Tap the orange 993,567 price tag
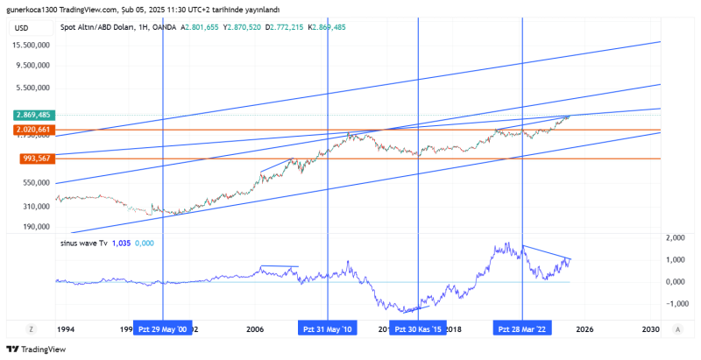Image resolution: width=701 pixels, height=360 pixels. [34, 159]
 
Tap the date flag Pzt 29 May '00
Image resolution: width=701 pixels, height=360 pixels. [163, 329]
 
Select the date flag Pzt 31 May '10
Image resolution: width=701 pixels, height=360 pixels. [327, 329]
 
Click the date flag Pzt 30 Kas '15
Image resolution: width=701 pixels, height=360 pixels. [418, 329]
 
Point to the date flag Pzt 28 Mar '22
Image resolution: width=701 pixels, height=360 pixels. [522, 329]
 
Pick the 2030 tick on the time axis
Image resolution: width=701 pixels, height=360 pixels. [649, 329]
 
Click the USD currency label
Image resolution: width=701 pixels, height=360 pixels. [22, 28]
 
